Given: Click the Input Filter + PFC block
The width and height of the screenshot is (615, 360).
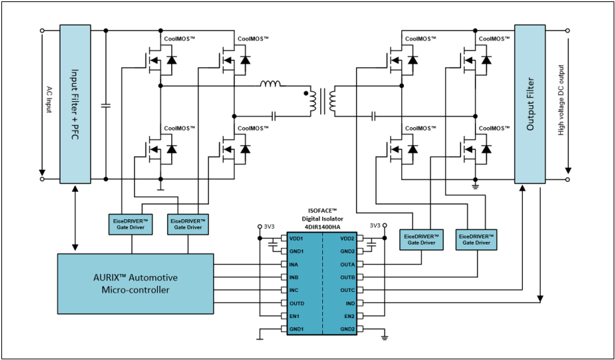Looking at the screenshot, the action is click(x=76, y=104).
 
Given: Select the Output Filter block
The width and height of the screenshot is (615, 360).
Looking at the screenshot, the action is click(x=530, y=104).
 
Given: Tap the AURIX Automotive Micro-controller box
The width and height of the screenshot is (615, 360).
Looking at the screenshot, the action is click(x=135, y=284).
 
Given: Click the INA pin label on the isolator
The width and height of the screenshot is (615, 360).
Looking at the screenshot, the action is click(x=294, y=265).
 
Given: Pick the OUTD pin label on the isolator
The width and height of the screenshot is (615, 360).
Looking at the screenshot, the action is click(x=297, y=304).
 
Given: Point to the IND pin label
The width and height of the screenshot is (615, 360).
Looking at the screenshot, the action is click(x=350, y=304).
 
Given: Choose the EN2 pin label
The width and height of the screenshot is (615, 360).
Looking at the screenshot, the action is click(x=350, y=316).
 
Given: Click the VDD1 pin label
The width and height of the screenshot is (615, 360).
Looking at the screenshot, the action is click(x=296, y=238).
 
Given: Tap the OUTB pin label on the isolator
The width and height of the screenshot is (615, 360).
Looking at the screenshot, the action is click(x=348, y=278).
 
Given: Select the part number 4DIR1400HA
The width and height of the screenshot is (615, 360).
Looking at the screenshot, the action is click(x=322, y=226).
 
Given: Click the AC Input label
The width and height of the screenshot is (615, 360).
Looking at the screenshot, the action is click(x=49, y=100).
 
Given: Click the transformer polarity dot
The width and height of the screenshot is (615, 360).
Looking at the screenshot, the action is click(x=306, y=93).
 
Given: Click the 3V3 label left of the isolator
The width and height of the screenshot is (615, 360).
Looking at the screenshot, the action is click(x=269, y=226).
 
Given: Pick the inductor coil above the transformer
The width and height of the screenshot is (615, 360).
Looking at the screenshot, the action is click(x=270, y=83).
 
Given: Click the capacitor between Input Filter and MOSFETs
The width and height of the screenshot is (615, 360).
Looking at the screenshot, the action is click(x=106, y=105).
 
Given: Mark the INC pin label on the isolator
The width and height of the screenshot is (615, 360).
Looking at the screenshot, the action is click(x=294, y=291).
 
